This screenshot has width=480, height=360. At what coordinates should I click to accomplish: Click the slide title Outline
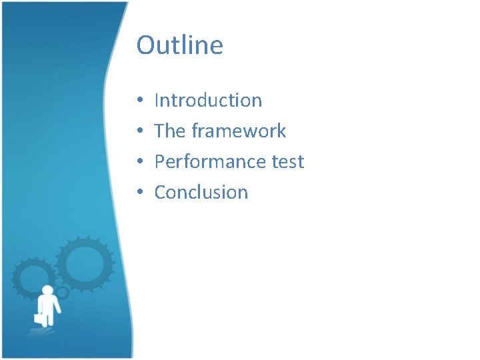(179, 45)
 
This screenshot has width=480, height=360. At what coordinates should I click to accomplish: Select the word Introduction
(208, 101)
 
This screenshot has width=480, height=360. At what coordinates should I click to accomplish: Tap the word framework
(239, 131)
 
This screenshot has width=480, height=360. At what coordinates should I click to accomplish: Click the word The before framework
(169, 131)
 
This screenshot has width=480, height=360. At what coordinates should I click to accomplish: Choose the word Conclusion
(201, 193)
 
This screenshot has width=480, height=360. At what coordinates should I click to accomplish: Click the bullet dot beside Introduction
(141, 101)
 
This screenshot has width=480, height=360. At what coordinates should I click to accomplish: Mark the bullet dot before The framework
(141, 132)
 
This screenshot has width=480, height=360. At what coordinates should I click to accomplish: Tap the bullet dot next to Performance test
(141, 163)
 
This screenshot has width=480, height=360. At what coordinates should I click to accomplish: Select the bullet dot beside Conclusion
(141, 193)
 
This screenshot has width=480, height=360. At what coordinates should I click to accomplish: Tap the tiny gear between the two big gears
(62, 292)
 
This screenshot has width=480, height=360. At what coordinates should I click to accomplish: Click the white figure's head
(47, 291)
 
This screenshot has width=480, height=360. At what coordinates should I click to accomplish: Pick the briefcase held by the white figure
(39, 318)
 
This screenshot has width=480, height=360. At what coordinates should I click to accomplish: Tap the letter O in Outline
(145, 45)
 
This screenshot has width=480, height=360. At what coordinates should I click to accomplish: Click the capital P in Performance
(159, 162)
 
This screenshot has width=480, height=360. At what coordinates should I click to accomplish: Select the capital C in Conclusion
(161, 193)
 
